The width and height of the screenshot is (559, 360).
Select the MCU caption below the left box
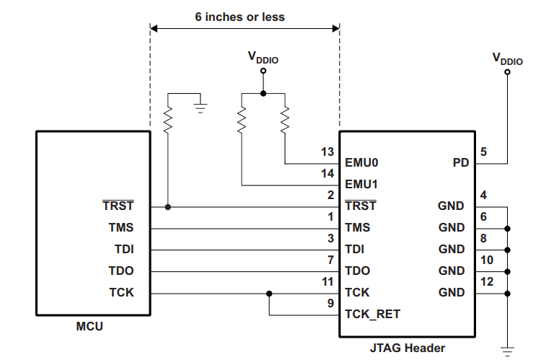tap(89, 326)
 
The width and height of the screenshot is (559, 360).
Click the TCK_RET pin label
tap(372, 315)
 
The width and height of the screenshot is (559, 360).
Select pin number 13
tap(327, 152)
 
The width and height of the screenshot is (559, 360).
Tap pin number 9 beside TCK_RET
tap(330, 304)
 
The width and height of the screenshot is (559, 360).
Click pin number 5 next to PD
tap(483, 152)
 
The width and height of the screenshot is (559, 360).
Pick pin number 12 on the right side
tap(486, 282)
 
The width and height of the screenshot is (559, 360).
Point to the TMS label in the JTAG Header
tap(358, 228)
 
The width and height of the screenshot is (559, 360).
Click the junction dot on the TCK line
tap(269, 294)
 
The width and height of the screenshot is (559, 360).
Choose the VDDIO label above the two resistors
tap(263, 58)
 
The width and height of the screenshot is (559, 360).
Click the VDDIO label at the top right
tap(507, 59)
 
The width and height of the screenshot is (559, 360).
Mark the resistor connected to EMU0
tap(285, 120)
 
